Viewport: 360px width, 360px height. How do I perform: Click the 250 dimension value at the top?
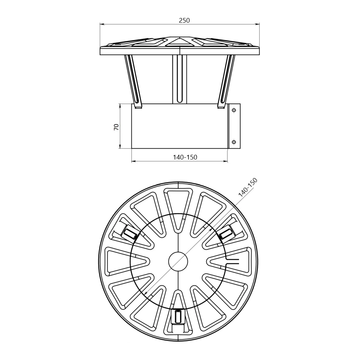click(x=184, y=21)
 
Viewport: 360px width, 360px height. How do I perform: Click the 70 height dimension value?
click(x=116, y=127)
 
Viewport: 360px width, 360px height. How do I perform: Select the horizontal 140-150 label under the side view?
click(x=185, y=157)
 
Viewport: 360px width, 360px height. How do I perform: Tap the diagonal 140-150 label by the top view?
click(x=248, y=188)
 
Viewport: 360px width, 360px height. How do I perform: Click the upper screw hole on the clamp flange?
click(x=234, y=111)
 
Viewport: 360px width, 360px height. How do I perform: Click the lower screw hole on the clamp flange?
click(x=234, y=142)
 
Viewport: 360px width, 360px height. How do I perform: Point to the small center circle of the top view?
click(x=178, y=262)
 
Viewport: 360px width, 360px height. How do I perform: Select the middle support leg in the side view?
click(x=180, y=79)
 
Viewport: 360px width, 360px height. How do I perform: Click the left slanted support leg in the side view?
click(x=134, y=81)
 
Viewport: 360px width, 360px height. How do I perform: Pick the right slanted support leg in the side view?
click(x=226, y=81)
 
